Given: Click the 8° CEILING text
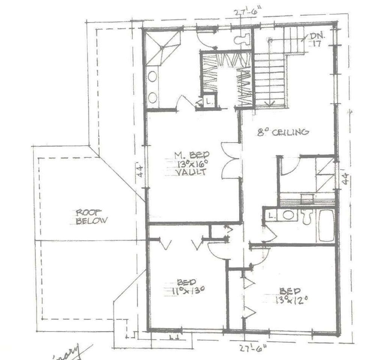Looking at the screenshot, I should coord(283,132).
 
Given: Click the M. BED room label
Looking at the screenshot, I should coord(192,154).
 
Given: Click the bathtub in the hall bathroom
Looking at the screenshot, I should coord(326,226).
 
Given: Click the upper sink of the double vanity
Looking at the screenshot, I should coord(153,76).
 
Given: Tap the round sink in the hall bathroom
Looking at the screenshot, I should coord(288,215).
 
